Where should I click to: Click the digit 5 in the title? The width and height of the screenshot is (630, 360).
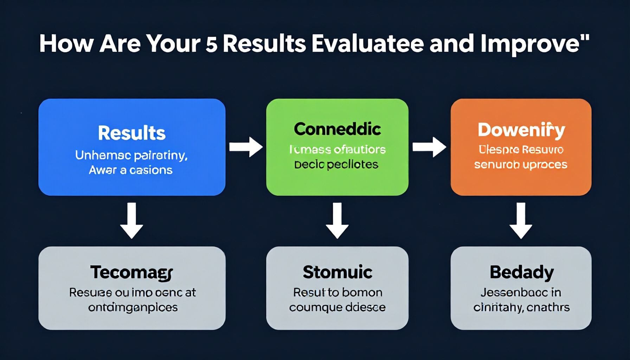point(212,45)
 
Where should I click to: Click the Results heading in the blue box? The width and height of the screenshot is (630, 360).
point(131,133)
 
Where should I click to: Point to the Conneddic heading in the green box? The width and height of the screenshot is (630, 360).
point(337,129)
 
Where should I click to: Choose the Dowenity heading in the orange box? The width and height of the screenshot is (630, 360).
point(521,130)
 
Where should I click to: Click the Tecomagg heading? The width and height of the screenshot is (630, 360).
point(131,272)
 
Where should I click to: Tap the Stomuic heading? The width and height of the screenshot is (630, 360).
point(337,272)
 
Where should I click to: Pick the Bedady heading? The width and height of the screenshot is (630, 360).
point(521,272)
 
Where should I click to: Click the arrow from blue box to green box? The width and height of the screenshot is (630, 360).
point(246,147)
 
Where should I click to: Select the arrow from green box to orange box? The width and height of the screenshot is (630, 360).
point(429,147)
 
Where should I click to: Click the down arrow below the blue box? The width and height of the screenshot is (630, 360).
point(131,220)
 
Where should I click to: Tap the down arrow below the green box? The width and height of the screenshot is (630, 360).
point(337,220)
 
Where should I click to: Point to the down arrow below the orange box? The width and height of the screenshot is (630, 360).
point(521,220)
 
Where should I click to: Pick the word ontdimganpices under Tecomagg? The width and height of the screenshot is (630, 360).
point(133,308)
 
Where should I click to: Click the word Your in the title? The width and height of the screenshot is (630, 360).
point(173,44)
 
